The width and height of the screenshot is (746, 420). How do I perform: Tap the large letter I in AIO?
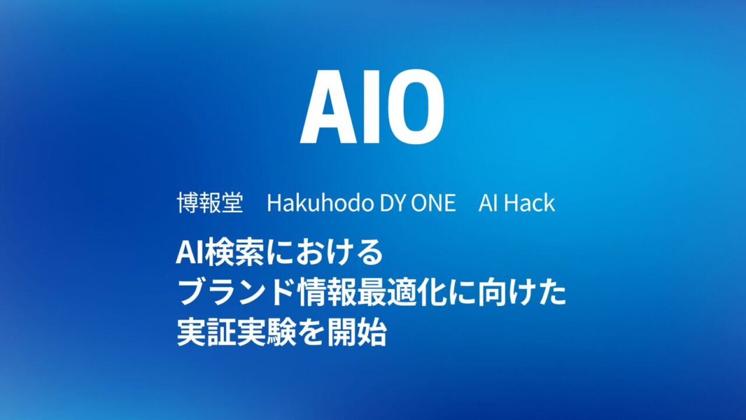375,107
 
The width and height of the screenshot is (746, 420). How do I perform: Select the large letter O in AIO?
416,107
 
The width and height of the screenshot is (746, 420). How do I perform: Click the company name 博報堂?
210,202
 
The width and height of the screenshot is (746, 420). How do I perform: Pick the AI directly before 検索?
189,253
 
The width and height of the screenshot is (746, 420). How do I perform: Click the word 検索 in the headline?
233,253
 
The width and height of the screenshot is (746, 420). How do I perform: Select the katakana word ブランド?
237,293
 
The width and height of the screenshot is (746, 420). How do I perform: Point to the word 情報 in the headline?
327,293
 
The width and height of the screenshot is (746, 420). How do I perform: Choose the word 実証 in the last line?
206,333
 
